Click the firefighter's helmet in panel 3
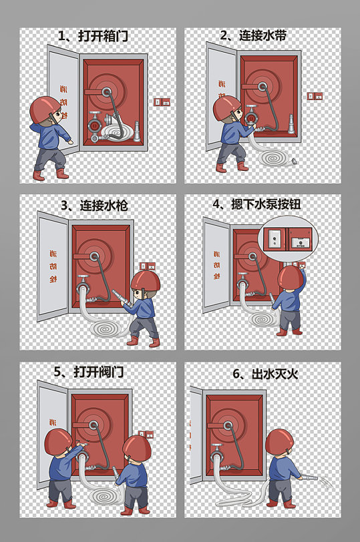(146, 280)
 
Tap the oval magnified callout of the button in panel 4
(288, 238)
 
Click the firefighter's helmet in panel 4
(291, 276)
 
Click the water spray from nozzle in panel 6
(329, 481)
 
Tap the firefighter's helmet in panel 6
(279, 442)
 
